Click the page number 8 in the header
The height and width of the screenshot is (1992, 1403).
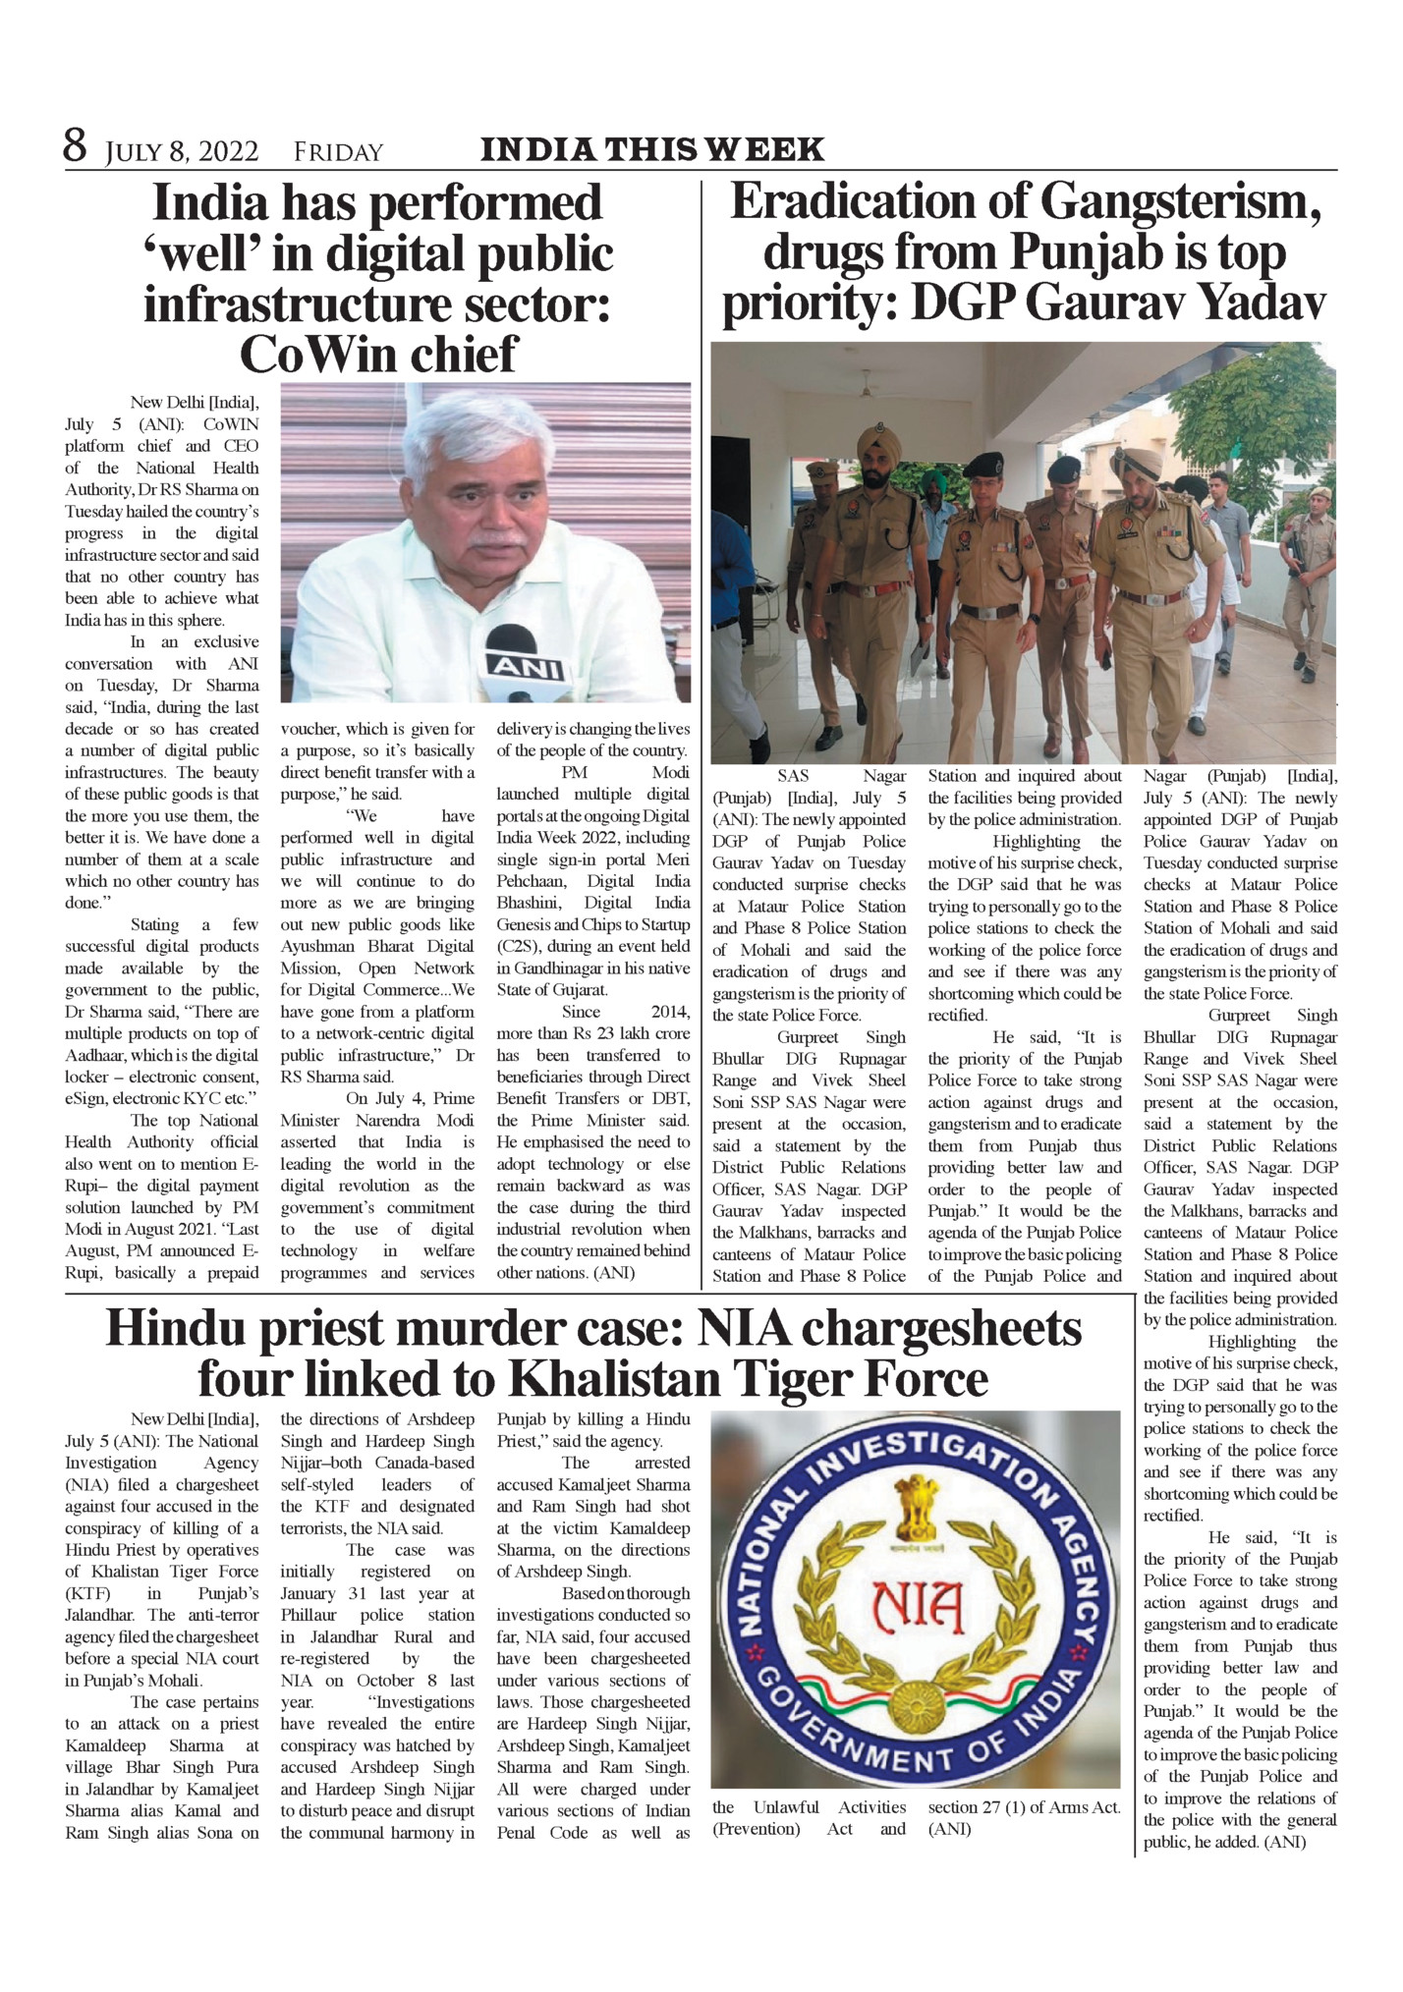point(75,147)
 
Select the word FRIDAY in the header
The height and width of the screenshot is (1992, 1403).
point(338,152)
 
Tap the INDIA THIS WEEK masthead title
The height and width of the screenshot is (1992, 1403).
point(651,149)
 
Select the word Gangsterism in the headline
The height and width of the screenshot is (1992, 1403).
point(1179,203)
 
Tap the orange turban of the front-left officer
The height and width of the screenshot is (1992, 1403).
point(878,443)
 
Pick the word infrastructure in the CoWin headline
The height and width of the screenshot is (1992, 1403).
point(333,304)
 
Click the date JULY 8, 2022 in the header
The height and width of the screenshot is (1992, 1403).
point(182,152)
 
